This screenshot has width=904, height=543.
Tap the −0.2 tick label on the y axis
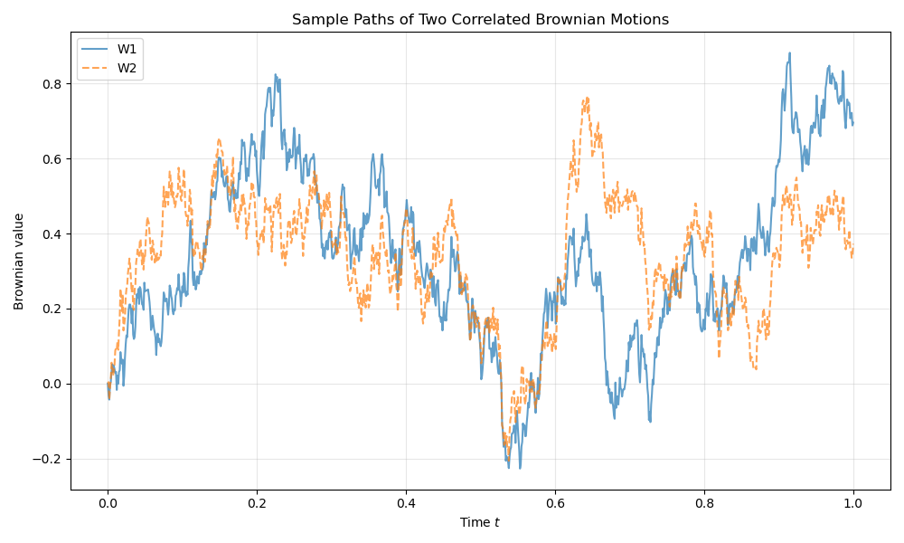point(48,459)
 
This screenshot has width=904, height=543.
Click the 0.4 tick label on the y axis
point(52,234)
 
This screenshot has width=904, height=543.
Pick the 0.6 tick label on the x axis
point(555,505)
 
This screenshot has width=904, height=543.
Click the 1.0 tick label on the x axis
point(852,505)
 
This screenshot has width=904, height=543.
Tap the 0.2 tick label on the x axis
point(257,505)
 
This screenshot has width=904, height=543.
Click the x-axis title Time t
point(480,523)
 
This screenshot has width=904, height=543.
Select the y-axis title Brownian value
point(19,262)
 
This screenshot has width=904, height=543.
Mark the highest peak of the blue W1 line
point(789,52)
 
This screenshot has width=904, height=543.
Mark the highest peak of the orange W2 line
point(587,98)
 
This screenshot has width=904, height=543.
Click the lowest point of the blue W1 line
point(519,468)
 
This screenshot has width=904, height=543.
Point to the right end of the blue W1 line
point(852,123)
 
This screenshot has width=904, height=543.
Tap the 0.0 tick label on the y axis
point(52,384)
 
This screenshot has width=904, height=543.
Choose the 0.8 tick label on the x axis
point(703,505)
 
